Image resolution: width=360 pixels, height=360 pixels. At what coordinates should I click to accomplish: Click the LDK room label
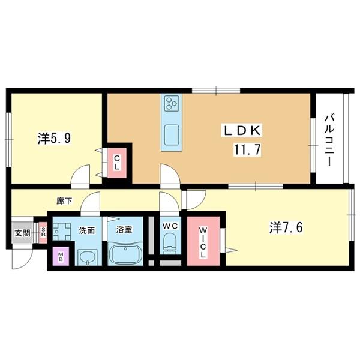point(241,131)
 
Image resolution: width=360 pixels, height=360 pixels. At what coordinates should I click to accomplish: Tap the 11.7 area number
point(247,150)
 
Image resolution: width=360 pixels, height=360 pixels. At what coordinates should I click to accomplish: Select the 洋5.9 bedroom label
point(54,138)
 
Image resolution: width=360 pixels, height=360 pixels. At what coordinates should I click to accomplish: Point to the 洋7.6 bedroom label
point(286,228)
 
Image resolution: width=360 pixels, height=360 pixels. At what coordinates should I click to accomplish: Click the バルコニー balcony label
point(329,140)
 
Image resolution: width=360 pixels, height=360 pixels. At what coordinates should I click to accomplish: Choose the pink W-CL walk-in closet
point(203,241)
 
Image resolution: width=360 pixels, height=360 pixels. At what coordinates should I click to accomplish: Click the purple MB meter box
point(61,256)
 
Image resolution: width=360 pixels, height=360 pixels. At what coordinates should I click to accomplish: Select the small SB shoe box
point(43,233)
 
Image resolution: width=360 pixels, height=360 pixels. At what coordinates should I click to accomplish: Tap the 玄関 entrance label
point(23,233)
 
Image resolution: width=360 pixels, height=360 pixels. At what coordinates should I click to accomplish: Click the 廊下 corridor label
point(64,201)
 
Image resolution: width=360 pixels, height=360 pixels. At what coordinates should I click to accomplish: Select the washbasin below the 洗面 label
point(88,257)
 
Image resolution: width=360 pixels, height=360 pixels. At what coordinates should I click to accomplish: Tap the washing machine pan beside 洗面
point(61,231)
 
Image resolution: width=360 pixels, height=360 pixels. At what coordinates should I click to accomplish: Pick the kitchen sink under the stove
point(172,135)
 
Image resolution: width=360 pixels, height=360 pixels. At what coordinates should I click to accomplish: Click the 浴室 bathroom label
point(124,230)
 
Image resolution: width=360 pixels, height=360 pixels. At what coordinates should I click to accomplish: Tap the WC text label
point(170,226)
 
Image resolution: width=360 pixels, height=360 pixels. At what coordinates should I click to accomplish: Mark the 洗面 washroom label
point(87,230)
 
